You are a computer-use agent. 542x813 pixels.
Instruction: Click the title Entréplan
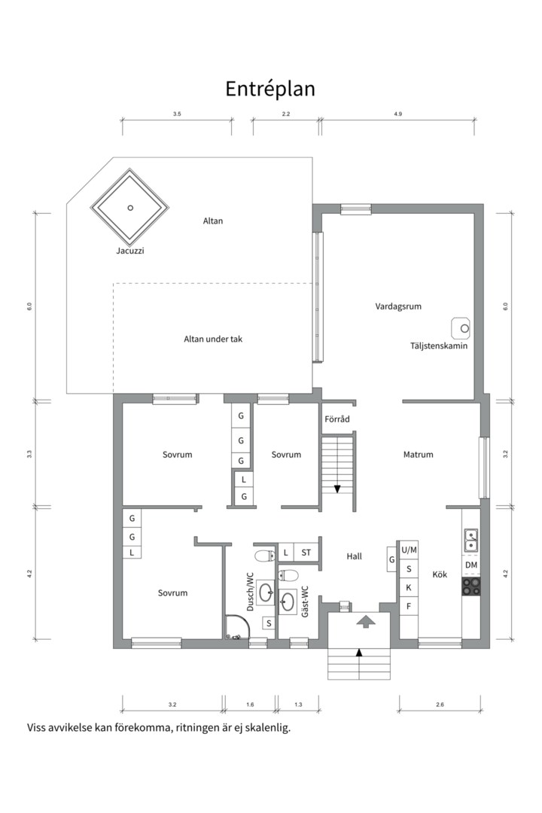click(x=269, y=89)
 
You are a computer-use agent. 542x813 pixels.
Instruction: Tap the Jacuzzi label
click(x=130, y=251)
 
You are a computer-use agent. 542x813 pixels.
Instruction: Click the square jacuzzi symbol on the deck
click(x=130, y=208)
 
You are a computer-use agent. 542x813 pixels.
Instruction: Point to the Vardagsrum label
click(x=398, y=306)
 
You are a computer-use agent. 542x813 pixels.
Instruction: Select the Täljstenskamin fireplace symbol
click(x=461, y=327)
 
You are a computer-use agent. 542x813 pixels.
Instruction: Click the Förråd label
click(x=337, y=419)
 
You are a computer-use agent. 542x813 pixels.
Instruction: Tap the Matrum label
click(x=418, y=455)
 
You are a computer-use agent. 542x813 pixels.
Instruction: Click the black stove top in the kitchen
click(x=471, y=586)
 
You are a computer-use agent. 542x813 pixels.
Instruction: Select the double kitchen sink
click(x=471, y=540)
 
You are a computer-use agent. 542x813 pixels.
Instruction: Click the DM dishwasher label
click(x=471, y=565)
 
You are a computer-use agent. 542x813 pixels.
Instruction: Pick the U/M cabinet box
click(x=409, y=550)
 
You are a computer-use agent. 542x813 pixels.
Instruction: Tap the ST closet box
click(x=306, y=553)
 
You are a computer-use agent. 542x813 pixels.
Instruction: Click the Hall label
click(x=355, y=556)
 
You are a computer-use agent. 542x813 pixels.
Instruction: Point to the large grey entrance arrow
click(x=366, y=621)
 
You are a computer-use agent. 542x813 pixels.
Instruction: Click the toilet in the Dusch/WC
click(x=265, y=556)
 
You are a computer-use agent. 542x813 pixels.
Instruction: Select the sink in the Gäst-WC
click(x=288, y=601)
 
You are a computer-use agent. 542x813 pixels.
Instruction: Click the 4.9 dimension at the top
click(x=397, y=114)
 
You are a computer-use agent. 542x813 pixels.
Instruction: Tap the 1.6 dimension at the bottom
click(x=250, y=705)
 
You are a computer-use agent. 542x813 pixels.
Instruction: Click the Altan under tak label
click(x=213, y=339)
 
